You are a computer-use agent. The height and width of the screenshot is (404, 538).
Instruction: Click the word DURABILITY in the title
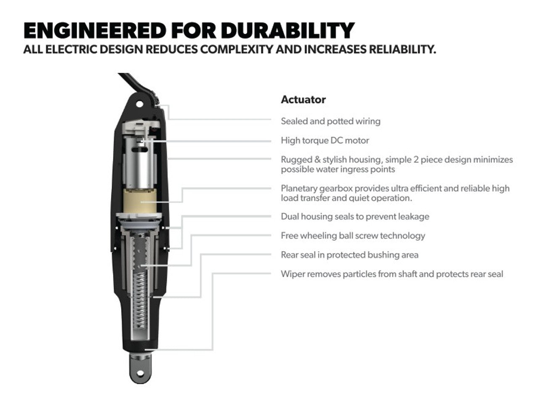288,30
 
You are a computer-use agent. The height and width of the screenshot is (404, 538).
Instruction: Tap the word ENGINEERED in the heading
95,30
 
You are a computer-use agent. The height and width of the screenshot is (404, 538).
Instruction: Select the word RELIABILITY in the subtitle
403,49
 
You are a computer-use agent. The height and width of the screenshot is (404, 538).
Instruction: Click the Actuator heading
303,100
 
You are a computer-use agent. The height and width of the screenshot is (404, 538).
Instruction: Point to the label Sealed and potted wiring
331,121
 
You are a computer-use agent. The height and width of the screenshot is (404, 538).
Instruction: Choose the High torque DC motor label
325,141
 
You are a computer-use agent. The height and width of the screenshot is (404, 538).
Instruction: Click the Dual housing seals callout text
355,217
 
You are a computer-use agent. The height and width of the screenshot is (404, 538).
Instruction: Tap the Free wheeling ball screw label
353,236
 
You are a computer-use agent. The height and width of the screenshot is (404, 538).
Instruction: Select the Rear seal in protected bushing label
350,255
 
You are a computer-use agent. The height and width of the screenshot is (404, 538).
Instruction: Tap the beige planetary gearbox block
140,201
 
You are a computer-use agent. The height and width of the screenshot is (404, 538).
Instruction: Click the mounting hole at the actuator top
140,104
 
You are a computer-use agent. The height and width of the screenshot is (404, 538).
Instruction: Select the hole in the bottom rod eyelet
140,374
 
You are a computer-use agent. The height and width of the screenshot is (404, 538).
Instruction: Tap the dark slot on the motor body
140,149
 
